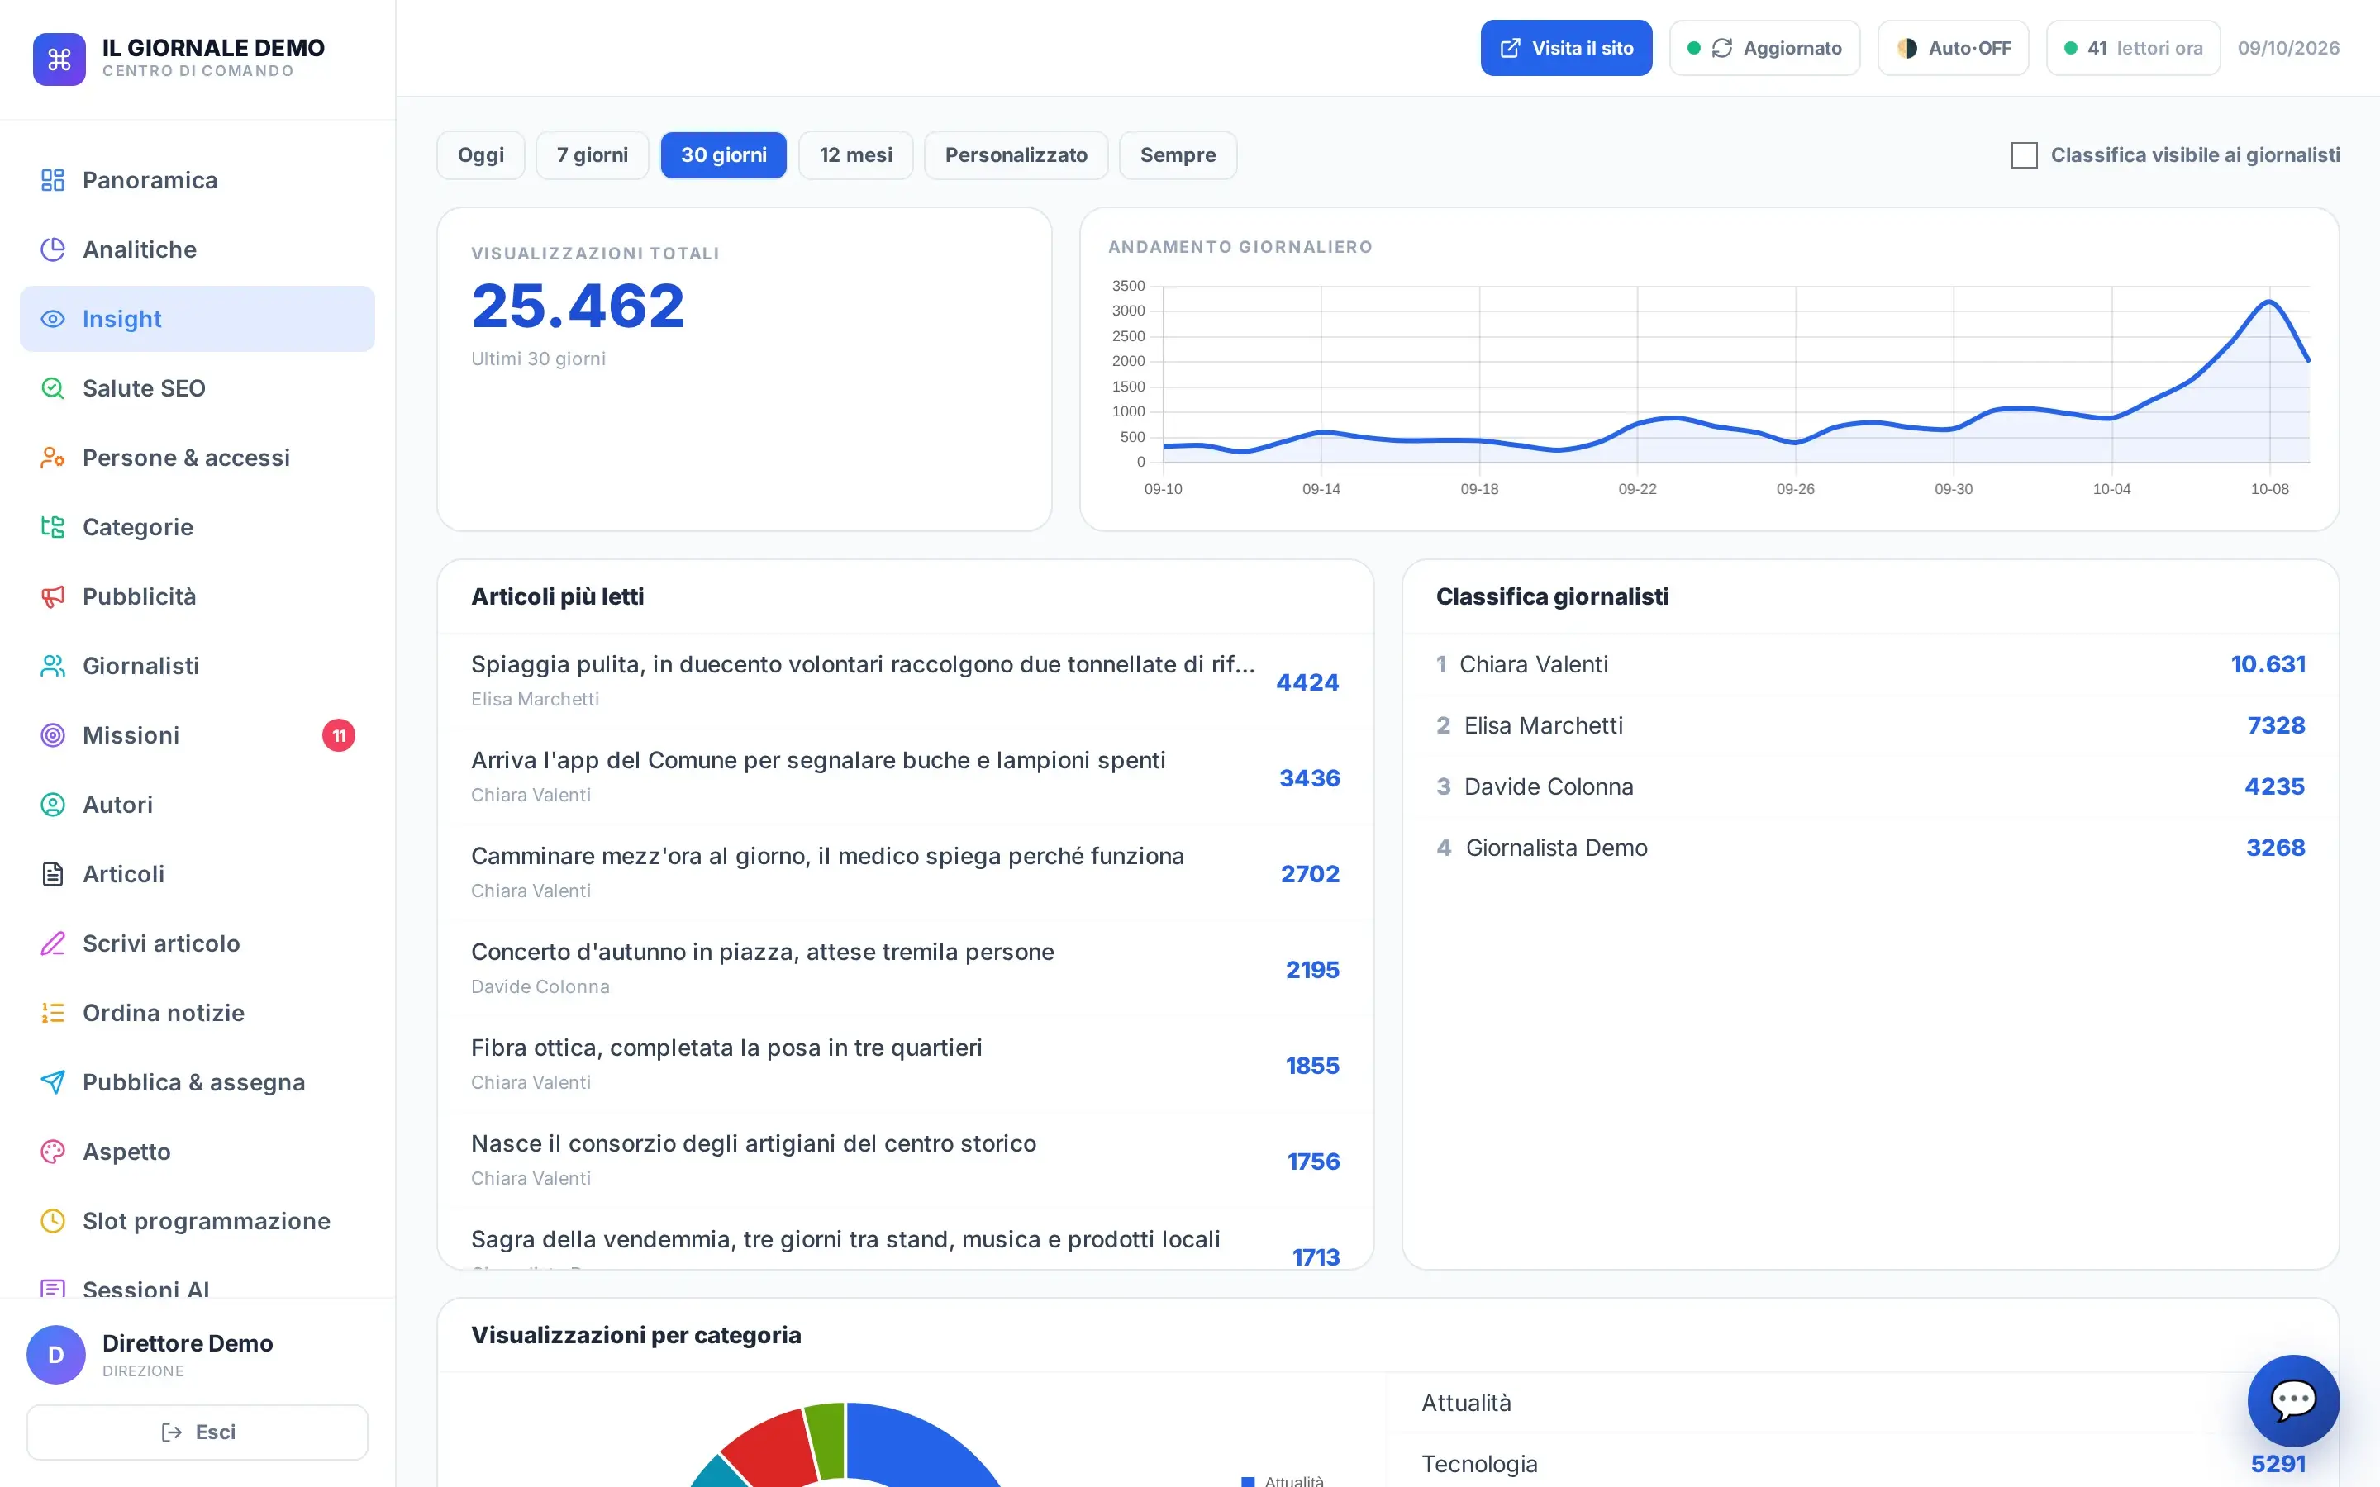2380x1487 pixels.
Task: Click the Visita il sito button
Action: tap(1566, 48)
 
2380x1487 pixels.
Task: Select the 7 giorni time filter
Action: tap(592, 155)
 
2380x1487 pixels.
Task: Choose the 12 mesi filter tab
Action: tap(855, 155)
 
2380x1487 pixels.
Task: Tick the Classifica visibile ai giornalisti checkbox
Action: tap(2024, 155)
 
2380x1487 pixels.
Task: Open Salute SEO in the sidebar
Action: tap(144, 388)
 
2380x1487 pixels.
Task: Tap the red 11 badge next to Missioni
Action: tap(338, 735)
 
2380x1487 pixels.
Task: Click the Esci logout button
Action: tap(198, 1432)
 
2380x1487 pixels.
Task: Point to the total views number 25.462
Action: tap(578, 306)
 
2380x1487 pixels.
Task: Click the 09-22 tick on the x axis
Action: tap(1637, 489)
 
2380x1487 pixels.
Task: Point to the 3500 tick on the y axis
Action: tap(1128, 286)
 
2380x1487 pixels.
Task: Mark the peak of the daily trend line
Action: tap(2270, 301)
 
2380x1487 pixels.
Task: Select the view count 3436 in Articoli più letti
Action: tap(1309, 778)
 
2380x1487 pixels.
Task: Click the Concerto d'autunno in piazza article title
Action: tap(762, 952)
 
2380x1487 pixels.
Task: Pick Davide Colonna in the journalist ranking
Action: tap(1548, 786)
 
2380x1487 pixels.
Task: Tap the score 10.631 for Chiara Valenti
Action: tap(2268, 664)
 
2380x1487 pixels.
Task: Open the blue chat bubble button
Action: tap(2293, 1400)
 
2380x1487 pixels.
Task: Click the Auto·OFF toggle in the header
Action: tap(1954, 48)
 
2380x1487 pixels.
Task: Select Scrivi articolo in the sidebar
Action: tap(161, 944)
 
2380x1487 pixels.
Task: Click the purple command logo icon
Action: tap(59, 59)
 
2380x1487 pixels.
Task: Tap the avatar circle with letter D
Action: tap(56, 1354)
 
